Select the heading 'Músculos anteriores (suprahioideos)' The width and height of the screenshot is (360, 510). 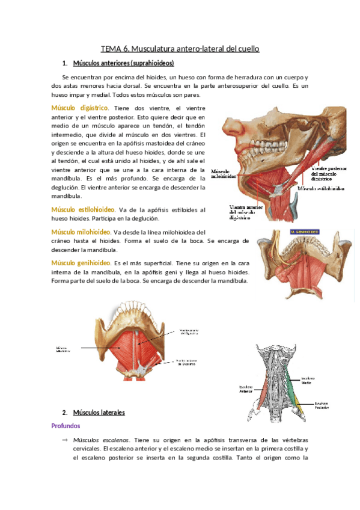tap(123, 63)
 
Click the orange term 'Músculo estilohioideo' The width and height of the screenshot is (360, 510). tap(84, 210)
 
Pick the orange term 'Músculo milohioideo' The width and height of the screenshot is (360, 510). tap(81, 232)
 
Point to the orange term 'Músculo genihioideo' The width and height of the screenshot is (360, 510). tap(81, 263)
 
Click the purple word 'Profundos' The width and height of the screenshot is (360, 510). tap(67, 426)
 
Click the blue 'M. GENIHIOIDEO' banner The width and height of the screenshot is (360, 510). tap(305, 232)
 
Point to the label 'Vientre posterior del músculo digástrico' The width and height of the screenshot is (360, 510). tap(329, 175)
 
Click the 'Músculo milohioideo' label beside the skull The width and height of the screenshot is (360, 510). tap(222, 174)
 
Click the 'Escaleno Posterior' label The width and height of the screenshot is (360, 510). tap(321, 405)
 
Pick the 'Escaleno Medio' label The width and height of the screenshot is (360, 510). tap(307, 379)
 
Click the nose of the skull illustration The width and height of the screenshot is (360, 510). tap(230, 126)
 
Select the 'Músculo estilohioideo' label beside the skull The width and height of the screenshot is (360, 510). tap(322, 188)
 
